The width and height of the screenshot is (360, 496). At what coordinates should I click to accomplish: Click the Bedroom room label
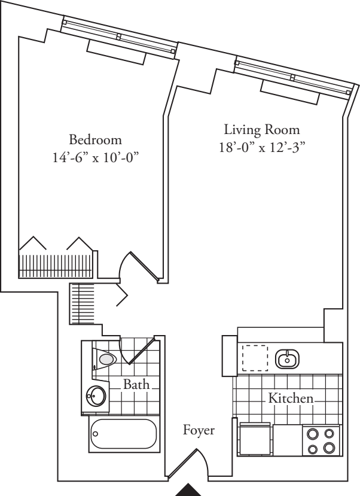[x=96, y=140]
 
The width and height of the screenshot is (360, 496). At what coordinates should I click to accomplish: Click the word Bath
[x=136, y=384]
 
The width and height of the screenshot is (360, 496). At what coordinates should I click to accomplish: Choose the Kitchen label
[x=290, y=397]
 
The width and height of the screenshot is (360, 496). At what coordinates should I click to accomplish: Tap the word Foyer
[x=199, y=430]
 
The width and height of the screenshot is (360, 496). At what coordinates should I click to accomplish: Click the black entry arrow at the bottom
[x=191, y=489]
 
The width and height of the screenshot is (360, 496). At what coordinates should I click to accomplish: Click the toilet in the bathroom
[x=106, y=359]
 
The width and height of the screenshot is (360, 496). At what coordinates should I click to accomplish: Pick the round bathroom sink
[x=96, y=395]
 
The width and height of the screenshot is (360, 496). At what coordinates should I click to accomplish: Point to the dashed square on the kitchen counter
[x=255, y=358]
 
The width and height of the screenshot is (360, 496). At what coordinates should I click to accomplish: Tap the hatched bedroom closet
[x=57, y=266]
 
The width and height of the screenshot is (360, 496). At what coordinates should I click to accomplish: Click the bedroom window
[x=120, y=37]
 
